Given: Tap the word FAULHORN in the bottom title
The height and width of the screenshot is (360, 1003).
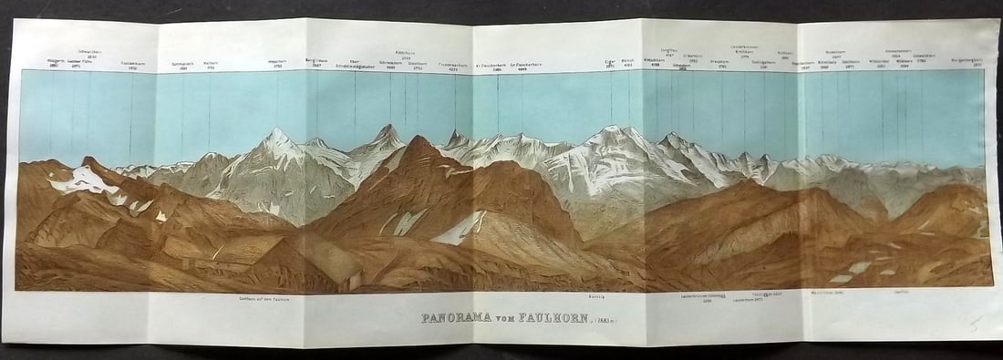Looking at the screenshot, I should point(541,319).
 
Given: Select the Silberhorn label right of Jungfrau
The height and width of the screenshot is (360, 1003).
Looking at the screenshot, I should point(696,57).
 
